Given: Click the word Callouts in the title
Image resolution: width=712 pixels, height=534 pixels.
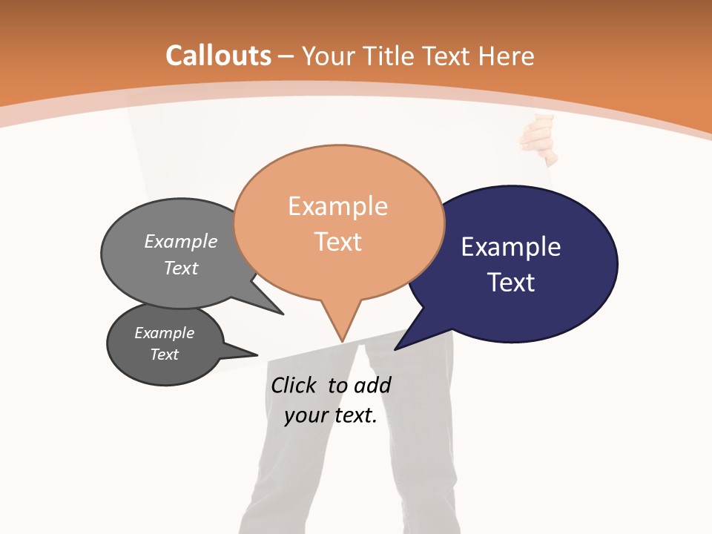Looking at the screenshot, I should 218,56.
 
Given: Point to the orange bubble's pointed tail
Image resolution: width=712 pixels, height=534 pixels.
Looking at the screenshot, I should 341,326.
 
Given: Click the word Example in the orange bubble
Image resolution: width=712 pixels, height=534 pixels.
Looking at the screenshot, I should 338,206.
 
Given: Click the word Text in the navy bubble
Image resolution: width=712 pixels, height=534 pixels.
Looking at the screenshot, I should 511,283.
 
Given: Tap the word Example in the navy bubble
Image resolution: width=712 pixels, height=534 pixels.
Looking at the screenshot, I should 511,247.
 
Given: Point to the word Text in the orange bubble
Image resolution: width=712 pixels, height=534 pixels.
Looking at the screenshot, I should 338,242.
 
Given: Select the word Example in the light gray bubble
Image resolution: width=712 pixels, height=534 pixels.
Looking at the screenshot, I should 181,242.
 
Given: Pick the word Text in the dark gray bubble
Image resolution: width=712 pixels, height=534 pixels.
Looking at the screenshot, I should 165,355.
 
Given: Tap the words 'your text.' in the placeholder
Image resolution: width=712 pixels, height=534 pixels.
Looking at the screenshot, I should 331,415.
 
